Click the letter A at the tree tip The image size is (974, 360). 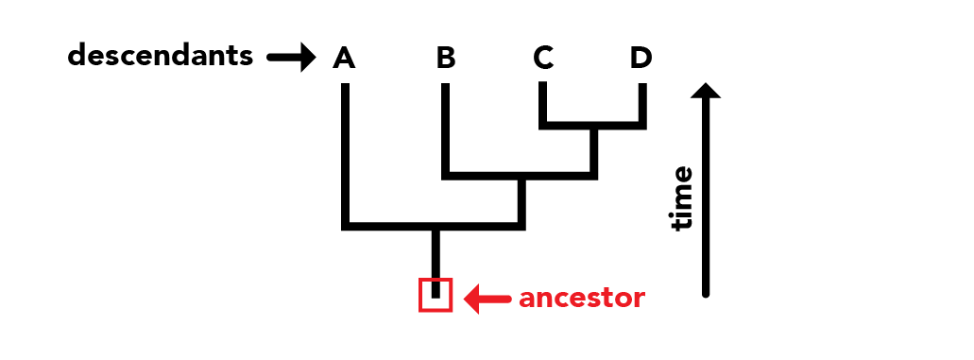pyautogui.click(x=344, y=58)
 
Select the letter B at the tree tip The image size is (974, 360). pyautogui.click(x=446, y=58)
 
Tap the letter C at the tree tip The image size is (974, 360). pyautogui.click(x=543, y=58)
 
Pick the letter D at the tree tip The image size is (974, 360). pyautogui.click(x=641, y=58)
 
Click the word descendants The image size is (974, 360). pyautogui.click(x=161, y=56)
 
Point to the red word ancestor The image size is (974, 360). pyautogui.click(x=582, y=299)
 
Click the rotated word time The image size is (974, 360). pyautogui.click(x=681, y=198)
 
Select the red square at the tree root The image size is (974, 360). pyautogui.click(x=436, y=294)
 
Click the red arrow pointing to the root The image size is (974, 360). pyautogui.click(x=488, y=299)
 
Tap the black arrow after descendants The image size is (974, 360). pyautogui.click(x=292, y=58)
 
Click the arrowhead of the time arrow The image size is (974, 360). pyautogui.click(x=706, y=91)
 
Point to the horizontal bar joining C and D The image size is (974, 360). pyautogui.click(x=592, y=126)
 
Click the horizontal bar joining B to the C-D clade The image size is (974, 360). pyautogui.click(x=520, y=176)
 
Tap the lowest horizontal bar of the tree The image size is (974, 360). pyautogui.click(x=434, y=227)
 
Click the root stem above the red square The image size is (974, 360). pyautogui.click(x=436, y=253)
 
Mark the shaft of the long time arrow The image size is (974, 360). pyautogui.click(x=706, y=197)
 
